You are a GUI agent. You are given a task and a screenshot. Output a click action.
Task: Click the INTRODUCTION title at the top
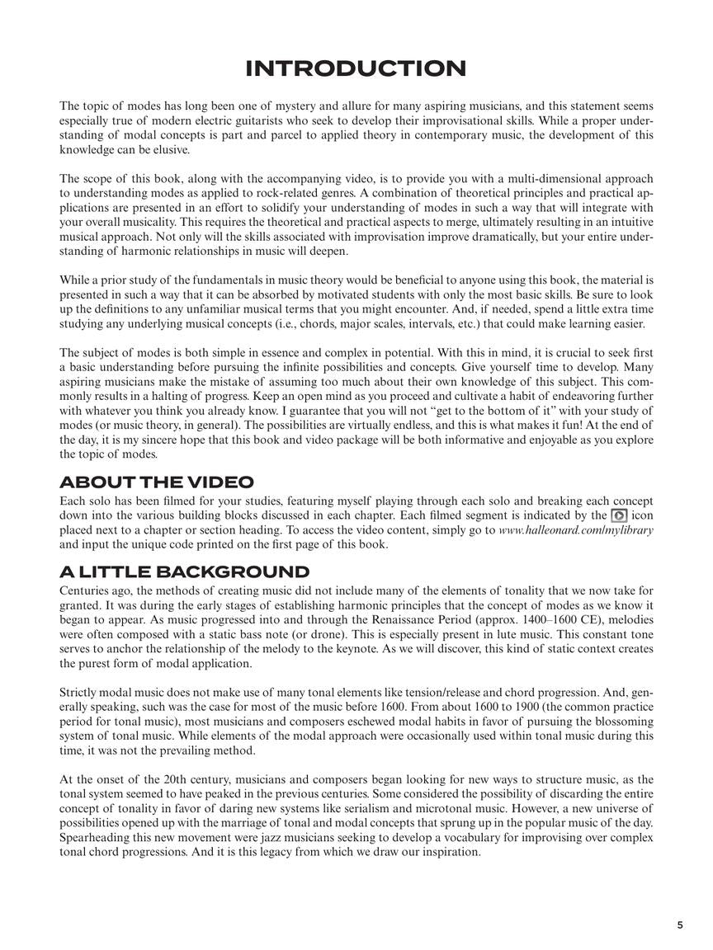356,68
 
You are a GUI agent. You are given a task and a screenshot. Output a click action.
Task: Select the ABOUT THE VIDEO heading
157,482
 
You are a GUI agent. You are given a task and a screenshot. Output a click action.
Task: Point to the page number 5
680,925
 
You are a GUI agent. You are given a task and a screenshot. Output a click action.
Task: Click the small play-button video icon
619,515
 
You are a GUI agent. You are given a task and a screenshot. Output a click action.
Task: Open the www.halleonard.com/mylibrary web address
576,530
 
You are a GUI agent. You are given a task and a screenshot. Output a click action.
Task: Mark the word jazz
281,838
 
